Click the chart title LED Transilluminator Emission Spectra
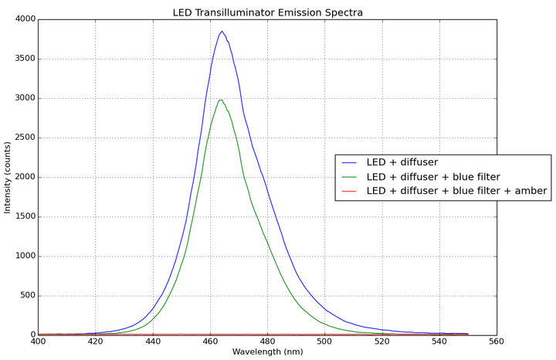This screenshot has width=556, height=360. pyautogui.click(x=268, y=12)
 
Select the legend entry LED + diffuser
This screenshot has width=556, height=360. pyautogui.click(x=402, y=162)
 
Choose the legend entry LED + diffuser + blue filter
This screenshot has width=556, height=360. pyautogui.click(x=433, y=177)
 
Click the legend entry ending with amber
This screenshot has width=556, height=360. pyautogui.click(x=456, y=191)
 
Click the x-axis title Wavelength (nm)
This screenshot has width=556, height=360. pyautogui.click(x=267, y=352)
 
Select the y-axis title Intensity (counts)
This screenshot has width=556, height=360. pyautogui.click(x=8, y=177)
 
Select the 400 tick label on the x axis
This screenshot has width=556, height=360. pyautogui.click(x=38, y=341)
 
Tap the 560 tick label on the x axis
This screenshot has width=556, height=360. pyautogui.click(x=497, y=341)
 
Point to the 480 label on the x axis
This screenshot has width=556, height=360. pyautogui.click(x=267, y=341)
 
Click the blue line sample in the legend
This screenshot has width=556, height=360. pyautogui.click(x=350, y=163)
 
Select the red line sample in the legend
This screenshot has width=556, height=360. pyautogui.click(x=350, y=191)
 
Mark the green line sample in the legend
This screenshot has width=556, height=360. pyautogui.click(x=350, y=177)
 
